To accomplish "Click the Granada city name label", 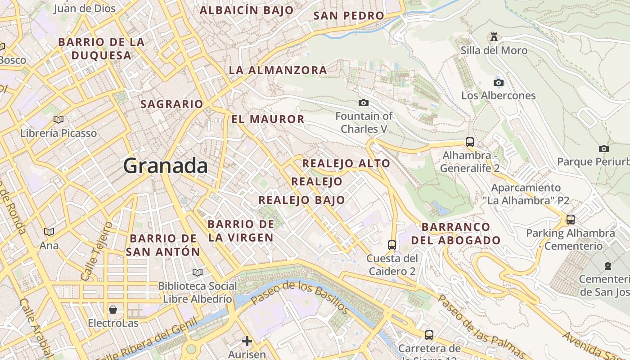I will pyautogui.click(x=166, y=166).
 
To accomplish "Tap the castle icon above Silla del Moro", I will pyautogui.click(x=494, y=36).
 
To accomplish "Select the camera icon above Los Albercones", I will pyautogui.click(x=498, y=82).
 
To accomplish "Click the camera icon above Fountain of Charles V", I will pyautogui.click(x=364, y=103).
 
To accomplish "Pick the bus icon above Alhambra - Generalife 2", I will pyautogui.click(x=470, y=142).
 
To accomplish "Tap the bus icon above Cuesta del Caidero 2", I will pyautogui.click(x=392, y=245).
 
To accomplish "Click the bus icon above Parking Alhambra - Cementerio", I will pyautogui.click(x=571, y=220).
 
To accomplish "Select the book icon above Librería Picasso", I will pyautogui.click(x=58, y=119).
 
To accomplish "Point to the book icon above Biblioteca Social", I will pyautogui.click(x=197, y=272).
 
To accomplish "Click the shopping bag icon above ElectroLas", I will pyautogui.click(x=113, y=310).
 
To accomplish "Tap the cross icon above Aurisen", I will pyautogui.click(x=247, y=341).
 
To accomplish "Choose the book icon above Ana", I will pyautogui.click(x=49, y=232).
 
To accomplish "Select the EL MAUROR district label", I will pyautogui.click(x=268, y=119).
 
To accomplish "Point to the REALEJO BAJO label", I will pyautogui.click(x=301, y=200).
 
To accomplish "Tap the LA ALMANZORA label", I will pyautogui.click(x=278, y=70).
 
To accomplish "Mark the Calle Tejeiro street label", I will pyautogui.click(x=96, y=251).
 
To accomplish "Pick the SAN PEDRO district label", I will pyautogui.click(x=349, y=16).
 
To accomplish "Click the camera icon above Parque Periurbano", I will pyautogui.click(x=604, y=148).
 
